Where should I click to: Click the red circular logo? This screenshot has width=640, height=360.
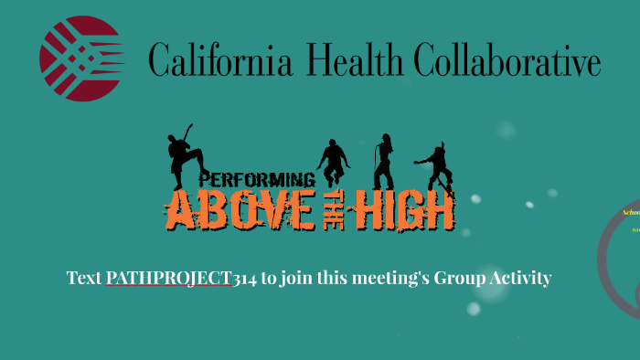81,58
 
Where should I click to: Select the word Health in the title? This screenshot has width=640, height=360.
356,61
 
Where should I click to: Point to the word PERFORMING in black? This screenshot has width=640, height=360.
257,179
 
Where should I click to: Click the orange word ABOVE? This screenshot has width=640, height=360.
239,211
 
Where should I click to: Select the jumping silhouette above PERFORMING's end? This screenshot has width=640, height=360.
332,163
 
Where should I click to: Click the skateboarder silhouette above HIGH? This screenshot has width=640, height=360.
437,164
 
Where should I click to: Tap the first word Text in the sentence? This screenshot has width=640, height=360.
84,278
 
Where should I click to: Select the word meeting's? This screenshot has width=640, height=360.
389,278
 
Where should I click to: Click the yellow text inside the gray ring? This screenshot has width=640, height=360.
631,212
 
